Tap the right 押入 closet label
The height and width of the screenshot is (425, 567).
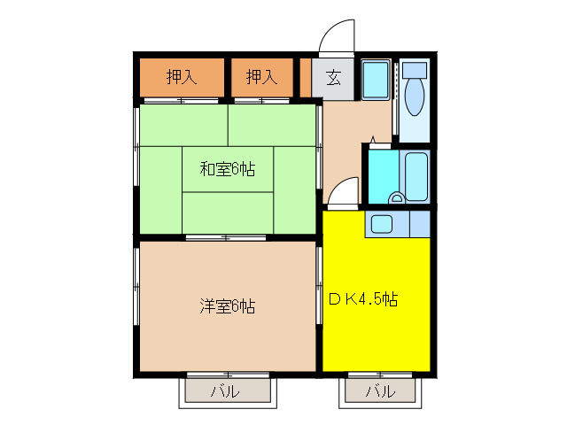260,77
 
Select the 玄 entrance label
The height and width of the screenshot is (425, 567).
333,77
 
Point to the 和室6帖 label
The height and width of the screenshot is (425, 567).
227,168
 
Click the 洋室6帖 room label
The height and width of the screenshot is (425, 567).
227,307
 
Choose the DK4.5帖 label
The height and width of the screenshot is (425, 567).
363,299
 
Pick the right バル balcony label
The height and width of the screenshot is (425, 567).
379,391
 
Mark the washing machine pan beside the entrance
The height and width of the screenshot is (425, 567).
377,81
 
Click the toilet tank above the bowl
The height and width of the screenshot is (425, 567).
414,69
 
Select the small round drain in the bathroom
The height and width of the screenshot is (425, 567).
399,197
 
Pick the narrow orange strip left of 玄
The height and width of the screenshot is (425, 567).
306,77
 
